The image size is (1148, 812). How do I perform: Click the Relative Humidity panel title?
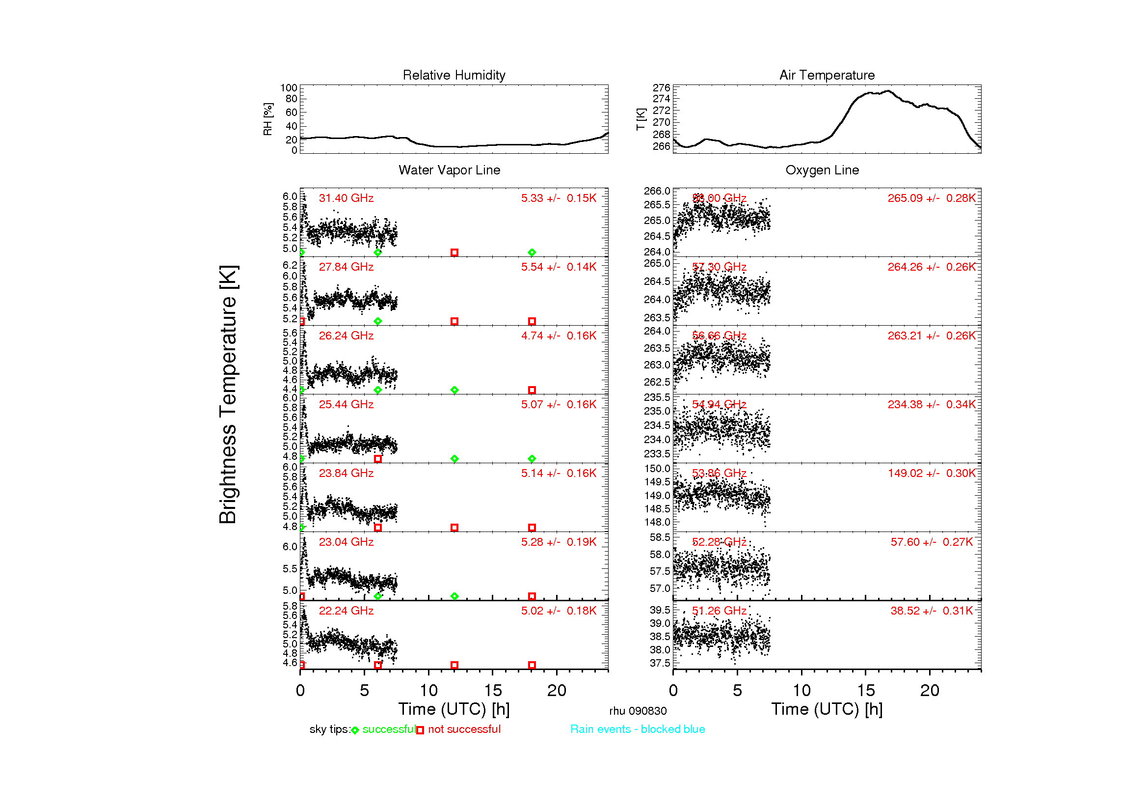coord(454,75)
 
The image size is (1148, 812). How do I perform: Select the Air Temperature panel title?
coord(827,75)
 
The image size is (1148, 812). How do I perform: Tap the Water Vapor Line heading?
coord(449,170)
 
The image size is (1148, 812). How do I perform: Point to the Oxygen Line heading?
coord(822,170)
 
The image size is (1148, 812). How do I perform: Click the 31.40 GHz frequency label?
coord(346,198)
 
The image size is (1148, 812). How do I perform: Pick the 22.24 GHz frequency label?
coord(346,611)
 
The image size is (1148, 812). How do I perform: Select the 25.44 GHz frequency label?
coord(346,404)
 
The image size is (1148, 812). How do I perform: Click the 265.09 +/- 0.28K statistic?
coord(931,198)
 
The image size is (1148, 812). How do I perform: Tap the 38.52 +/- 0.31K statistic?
coord(931,611)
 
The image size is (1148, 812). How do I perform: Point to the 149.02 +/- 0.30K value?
coord(931,473)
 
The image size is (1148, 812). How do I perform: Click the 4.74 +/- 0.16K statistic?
coord(559,336)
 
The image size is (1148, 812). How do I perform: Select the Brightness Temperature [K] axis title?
coord(228,394)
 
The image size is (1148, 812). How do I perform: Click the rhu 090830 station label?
coord(638,711)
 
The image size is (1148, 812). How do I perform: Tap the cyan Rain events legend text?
coord(638,729)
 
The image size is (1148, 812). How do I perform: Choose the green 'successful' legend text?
coord(389,729)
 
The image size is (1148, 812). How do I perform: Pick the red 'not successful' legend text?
coord(463,729)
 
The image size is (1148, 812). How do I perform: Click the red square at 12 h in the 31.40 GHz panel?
coord(454,252)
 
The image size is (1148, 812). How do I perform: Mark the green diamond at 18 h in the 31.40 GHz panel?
coord(532,252)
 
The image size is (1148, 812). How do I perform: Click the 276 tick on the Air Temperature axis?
coord(661,87)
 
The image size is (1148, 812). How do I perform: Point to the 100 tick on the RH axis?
coord(289,88)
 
